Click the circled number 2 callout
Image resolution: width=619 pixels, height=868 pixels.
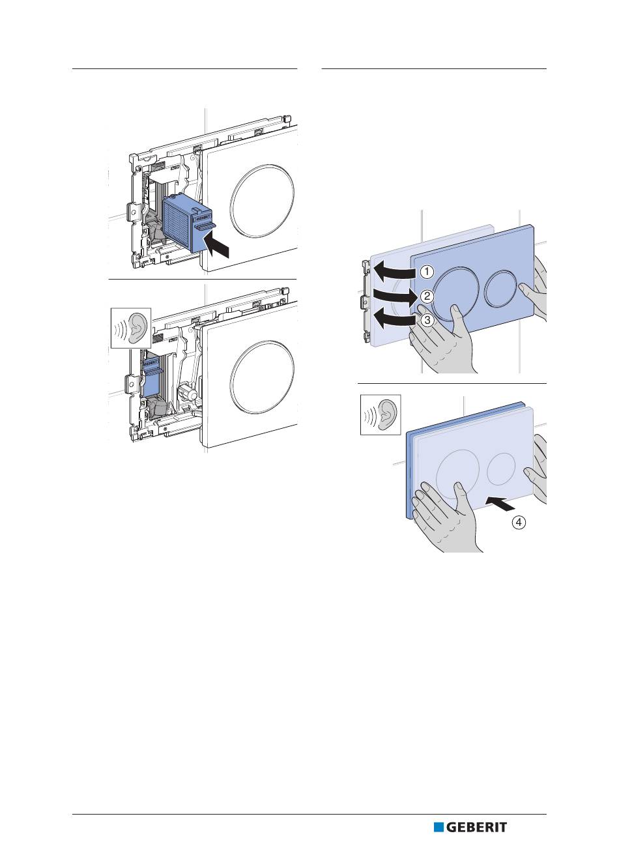pos(425,296)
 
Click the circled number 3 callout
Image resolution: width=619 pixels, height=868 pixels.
pos(425,320)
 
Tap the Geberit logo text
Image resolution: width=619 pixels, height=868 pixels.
pos(476,827)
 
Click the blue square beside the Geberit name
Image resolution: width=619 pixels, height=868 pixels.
pos(439,827)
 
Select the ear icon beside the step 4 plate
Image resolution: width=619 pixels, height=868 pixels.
pos(381,414)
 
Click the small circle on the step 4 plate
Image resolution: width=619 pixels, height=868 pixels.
pos(500,468)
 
